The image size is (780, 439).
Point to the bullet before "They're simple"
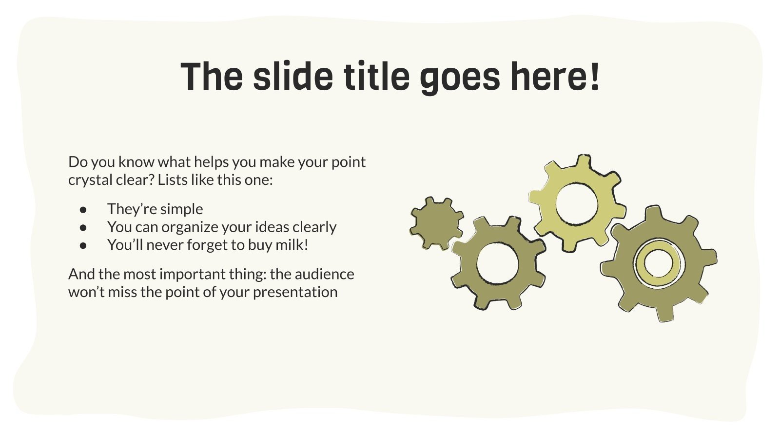[83, 209]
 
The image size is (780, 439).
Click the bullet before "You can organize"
[83, 227]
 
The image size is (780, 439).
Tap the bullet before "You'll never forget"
[83, 245]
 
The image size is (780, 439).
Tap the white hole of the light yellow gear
[576, 204]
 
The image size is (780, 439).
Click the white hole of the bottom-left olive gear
[497, 263]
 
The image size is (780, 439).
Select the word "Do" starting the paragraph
[77, 161]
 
